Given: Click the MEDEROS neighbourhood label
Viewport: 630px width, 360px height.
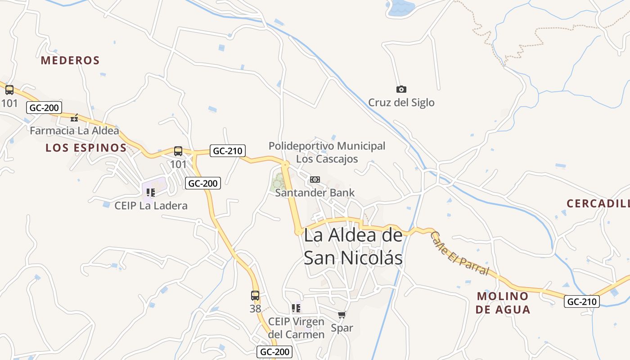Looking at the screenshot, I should point(70,60).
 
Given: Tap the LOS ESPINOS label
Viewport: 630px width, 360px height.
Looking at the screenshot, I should point(86,148).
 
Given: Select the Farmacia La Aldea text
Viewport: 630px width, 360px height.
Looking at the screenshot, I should point(75,131).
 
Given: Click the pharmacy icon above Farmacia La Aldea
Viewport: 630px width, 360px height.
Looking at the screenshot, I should point(74,118).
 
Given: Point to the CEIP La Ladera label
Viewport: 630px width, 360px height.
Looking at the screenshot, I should point(151,206).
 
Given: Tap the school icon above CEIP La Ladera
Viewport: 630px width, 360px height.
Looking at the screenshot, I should point(151,193).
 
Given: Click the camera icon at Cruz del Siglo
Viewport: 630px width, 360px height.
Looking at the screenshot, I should point(401,89).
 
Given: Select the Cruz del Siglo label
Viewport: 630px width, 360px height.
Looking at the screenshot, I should point(401,103).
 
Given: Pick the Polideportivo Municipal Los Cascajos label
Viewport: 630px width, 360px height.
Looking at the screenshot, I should point(327,152).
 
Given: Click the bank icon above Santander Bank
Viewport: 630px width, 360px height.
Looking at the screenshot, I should point(315,180).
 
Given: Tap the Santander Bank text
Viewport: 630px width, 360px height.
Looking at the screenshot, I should point(315,193).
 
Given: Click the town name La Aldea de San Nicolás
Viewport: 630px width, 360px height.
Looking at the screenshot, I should point(353,247).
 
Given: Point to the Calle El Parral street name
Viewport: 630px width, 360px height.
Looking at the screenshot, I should point(459,253).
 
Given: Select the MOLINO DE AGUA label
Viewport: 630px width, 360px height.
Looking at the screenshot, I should point(503,302).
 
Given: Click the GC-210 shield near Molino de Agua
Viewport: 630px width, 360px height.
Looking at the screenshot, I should point(582,301).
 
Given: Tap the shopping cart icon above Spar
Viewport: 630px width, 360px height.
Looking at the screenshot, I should point(342,315).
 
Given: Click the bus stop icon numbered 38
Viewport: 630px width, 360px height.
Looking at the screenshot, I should point(255,296).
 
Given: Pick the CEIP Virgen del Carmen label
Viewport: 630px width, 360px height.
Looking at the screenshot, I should point(296,328).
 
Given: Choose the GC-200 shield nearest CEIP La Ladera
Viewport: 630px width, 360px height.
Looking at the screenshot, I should point(202,183).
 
